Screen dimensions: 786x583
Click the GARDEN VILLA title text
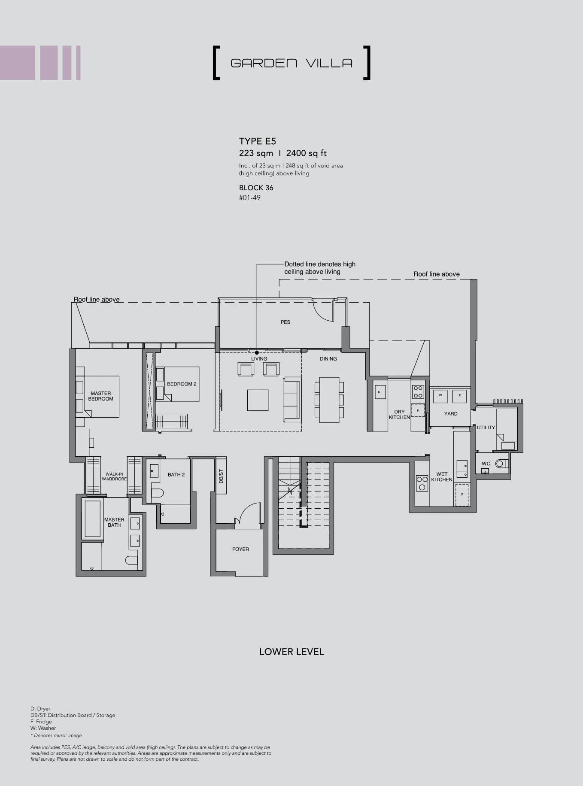pos(291,63)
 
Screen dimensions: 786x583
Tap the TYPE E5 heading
pos(258,141)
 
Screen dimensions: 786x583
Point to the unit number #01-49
pos(250,198)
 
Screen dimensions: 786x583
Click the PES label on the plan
pos(285,322)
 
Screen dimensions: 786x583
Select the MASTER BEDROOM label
pos(101,396)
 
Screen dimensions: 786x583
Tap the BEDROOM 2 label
pos(182,384)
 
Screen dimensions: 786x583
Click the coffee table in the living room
pos(258,400)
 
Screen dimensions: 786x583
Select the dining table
pos(329,400)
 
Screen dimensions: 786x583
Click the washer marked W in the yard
pos(440,396)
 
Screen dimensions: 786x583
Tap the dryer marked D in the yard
pos(460,396)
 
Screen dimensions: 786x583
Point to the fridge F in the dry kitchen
pos(418,411)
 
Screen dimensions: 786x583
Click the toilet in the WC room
pos(501,464)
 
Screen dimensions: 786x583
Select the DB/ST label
pos(221,476)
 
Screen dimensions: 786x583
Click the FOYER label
pos(240,549)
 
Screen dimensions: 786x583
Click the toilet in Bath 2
pos(157,493)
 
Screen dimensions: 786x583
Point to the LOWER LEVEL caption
pos(291,652)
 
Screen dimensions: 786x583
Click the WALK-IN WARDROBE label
pos(114,476)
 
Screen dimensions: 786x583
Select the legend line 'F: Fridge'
pos(41,722)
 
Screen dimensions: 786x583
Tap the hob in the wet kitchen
pos(422,483)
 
